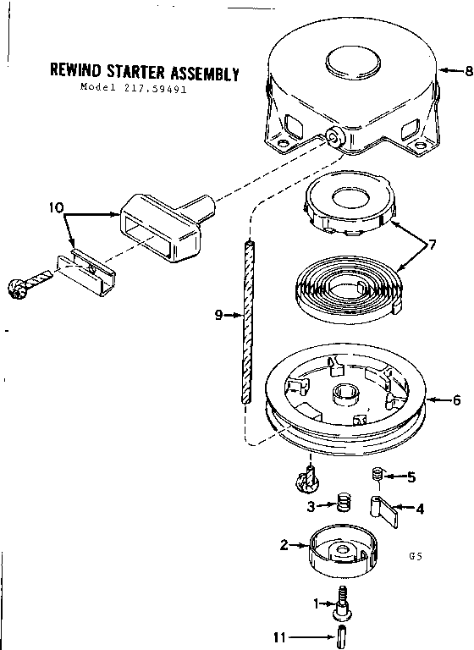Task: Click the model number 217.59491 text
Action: point(134,88)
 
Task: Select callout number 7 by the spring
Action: point(432,245)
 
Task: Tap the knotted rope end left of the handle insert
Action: point(25,284)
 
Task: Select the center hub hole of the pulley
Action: point(344,394)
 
